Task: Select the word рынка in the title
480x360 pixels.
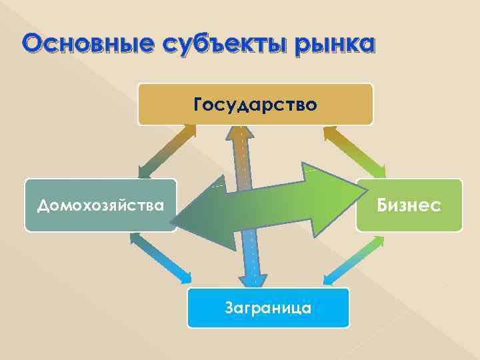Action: tap(331, 45)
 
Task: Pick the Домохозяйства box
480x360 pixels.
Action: tap(101, 220)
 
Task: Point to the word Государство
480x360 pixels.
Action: tap(255, 105)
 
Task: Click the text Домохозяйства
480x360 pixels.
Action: tap(101, 205)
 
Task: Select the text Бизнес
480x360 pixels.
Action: tap(409, 205)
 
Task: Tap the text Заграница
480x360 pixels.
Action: tap(268, 308)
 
